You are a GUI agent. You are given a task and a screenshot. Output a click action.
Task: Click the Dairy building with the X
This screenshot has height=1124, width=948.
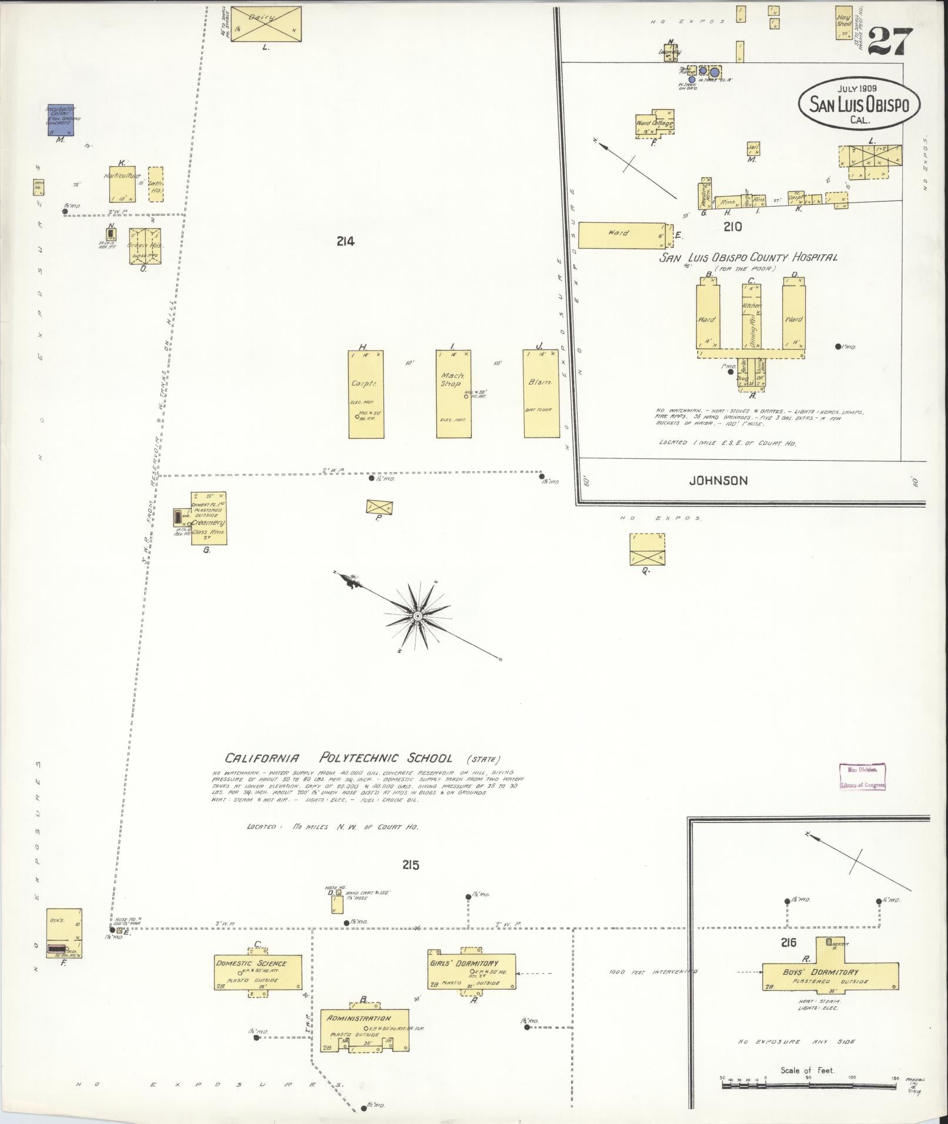click(x=266, y=24)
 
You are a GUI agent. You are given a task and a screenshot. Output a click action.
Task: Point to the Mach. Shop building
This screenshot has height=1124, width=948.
click(x=453, y=394)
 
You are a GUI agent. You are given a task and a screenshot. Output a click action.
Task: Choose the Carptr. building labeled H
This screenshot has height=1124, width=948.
click(x=366, y=394)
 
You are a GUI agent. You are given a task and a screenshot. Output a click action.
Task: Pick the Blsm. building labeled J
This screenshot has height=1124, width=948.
click(x=541, y=394)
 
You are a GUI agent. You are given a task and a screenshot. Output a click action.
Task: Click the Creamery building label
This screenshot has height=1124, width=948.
click(x=209, y=522)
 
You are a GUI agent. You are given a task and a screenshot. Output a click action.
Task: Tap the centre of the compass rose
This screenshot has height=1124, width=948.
click(x=416, y=616)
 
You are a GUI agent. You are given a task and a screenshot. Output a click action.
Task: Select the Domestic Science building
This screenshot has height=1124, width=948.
click(x=259, y=971)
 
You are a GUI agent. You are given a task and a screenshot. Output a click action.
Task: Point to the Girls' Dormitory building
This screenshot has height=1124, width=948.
click(x=472, y=971)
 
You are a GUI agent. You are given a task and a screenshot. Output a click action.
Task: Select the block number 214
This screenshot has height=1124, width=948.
click(x=346, y=241)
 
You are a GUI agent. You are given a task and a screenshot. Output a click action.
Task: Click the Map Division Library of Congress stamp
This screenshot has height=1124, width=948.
click(x=862, y=776)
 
